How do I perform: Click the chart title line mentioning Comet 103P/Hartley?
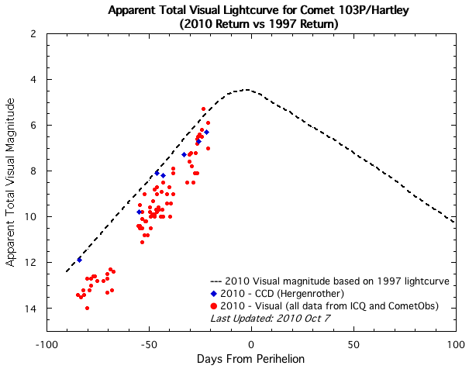[x=250, y=9]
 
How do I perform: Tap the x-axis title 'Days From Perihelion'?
[x=250, y=360]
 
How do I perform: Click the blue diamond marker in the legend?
[x=214, y=294]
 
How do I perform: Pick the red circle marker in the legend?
[x=214, y=306]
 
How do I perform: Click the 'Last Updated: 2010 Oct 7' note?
[x=264, y=319]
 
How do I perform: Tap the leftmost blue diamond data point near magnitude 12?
[x=79, y=260]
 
